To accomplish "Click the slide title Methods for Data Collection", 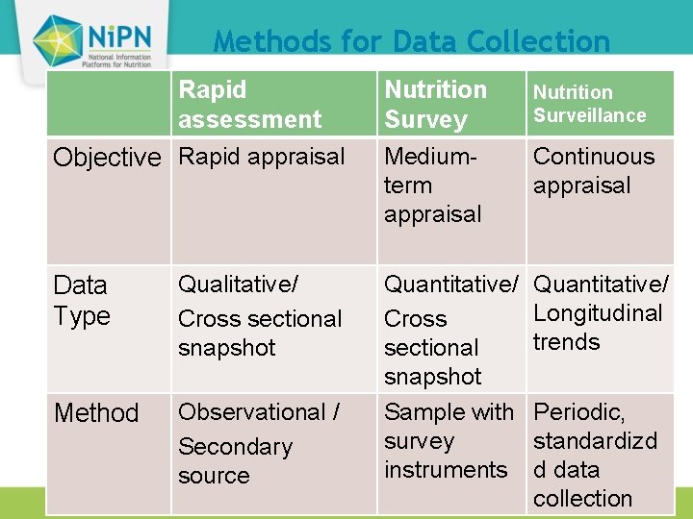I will (411, 41).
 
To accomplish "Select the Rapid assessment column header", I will (249, 104).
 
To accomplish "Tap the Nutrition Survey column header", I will (435, 104).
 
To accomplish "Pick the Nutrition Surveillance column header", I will (589, 104).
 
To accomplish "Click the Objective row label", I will (107, 158).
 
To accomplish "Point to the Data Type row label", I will (82, 300).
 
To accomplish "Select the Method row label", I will (96, 413).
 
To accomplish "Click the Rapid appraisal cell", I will (261, 157).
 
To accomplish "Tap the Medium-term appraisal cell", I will (433, 185).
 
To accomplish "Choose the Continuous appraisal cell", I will (593, 170).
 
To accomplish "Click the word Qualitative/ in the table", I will (239, 284).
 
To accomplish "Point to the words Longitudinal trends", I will (597, 328).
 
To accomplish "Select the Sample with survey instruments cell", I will (449, 440).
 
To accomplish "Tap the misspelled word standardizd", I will (595, 441).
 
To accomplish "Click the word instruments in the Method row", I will (445, 470).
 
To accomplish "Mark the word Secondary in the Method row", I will (235, 447).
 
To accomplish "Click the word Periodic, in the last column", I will (579, 412).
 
